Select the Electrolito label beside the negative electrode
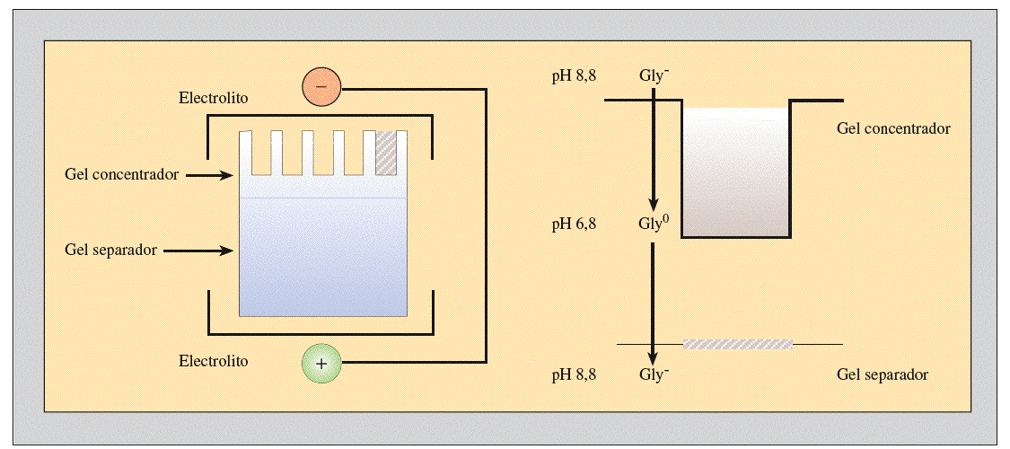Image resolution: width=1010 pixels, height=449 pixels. point(214,97)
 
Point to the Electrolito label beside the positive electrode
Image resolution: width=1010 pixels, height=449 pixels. point(214,362)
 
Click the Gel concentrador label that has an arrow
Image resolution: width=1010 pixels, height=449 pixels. point(122,173)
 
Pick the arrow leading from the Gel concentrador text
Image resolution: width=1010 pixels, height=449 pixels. point(210,175)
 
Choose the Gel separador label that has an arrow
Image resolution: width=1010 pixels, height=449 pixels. point(111,250)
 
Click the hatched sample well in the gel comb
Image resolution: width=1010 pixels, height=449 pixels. point(386,153)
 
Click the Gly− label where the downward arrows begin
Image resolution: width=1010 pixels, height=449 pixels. point(654,76)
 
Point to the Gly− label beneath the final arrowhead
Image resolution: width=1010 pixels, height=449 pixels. point(654,374)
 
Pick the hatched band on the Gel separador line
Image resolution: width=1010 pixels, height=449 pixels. point(738,344)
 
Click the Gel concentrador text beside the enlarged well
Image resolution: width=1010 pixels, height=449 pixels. point(893,128)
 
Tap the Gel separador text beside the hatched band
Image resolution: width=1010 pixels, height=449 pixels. point(882,374)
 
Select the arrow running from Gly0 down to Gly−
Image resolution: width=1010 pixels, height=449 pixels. point(654,301)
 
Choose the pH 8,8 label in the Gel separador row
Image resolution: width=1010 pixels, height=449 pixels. point(575,374)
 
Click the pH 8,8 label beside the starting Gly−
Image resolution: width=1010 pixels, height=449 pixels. point(575,76)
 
